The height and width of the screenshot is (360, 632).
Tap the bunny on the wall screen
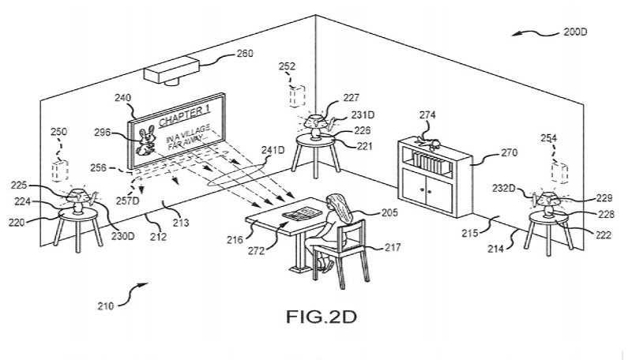pos(146,141)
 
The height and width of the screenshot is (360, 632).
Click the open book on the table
pos(302,213)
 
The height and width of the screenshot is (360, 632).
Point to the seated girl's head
pos(335,201)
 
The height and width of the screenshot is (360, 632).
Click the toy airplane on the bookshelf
pos(427,143)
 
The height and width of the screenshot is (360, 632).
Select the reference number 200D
pos(575,32)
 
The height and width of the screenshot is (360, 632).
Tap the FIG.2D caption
pos(322,317)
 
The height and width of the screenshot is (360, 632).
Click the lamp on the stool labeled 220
pos(77,200)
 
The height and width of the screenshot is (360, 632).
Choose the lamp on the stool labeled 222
pos(547,204)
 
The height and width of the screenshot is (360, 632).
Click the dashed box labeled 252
pos(297,96)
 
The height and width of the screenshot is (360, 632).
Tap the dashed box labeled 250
pos(60,171)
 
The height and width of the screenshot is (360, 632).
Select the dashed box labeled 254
pos(559,173)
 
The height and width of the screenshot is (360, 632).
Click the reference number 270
pos(510,152)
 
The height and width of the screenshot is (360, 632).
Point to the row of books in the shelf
pos(430,163)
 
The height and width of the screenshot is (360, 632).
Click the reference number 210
pos(105,306)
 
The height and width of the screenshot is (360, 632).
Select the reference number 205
pos(389,212)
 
